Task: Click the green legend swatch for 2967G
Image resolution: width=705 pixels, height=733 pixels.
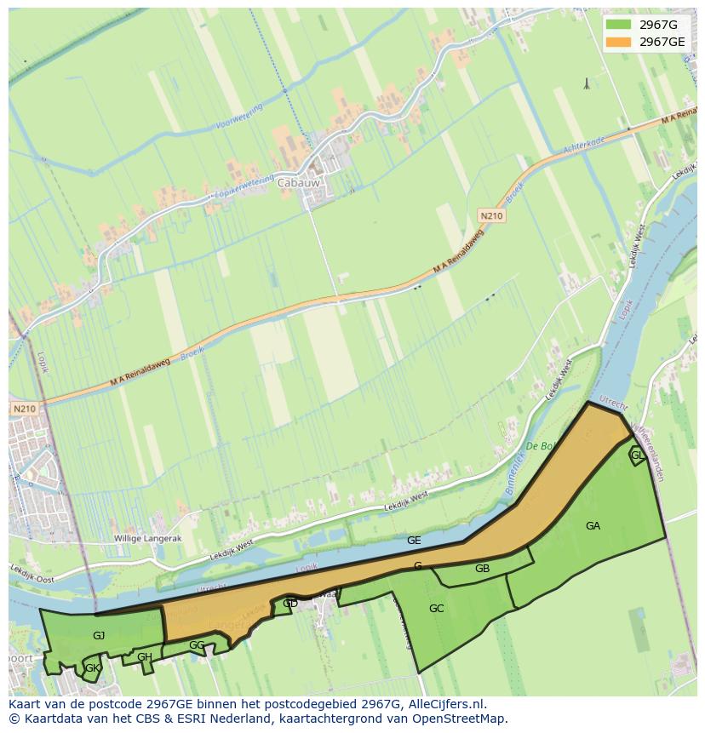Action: [619, 25]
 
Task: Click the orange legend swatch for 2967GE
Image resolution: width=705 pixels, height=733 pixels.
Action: [619, 42]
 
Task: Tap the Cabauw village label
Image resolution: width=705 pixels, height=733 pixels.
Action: [295, 182]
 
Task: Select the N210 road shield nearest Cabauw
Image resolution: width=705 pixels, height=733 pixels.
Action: [491, 216]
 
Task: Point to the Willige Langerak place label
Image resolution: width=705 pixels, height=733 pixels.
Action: [148, 539]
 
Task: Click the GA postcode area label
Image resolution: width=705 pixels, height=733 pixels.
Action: [593, 526]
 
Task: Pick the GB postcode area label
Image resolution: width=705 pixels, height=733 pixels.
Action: [482, 569]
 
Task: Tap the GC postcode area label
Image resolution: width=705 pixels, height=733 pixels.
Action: [436, 609]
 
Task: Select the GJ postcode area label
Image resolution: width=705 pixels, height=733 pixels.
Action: [99, 636]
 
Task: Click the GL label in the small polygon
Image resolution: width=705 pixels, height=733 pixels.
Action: [637, 455]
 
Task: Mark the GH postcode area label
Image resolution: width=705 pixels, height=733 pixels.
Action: [145, 657]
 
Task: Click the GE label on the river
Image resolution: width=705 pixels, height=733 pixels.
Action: [414, 541]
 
